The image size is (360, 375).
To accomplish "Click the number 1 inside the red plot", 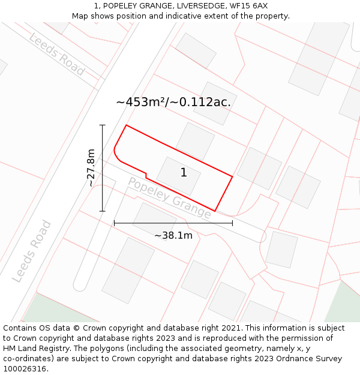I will (184, 173).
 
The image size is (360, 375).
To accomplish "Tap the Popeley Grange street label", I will (169, 197).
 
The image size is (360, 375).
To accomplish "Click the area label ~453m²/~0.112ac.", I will (173, 102).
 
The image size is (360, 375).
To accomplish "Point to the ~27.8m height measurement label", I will (91, 168).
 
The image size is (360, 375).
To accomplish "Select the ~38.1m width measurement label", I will (173, 236).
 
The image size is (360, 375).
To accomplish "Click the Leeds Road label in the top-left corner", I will (57, 54).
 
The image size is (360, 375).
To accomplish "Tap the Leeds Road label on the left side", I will (32, 251).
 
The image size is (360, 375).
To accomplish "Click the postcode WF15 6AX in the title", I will (248, 6).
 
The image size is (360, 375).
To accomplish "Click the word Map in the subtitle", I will (80, 16).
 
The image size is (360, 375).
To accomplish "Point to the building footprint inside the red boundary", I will (179, 176).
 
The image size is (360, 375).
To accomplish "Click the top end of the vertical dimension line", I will (103, 125).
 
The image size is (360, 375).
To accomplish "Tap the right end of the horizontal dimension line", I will (232, 223).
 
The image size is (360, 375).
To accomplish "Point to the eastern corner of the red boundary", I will (232, 176).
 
